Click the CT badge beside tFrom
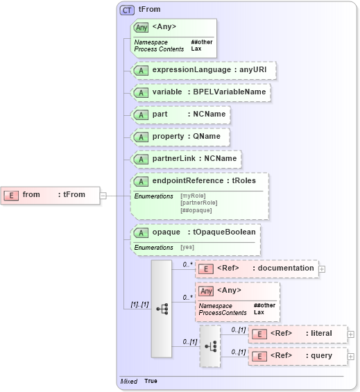tap(128, 10)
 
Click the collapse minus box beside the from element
tap(103, 195)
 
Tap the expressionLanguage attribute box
tap(204, 70)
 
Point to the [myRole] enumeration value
tap(193, 196)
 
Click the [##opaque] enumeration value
tap(196, 210)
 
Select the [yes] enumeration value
tap(187, 247)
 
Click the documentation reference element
tap(256, 269)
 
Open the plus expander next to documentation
tap(322, 269)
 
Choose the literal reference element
tap(298, 334)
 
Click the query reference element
tap(298, 356)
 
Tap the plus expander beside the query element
tap(351, 357)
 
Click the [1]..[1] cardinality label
tap(139, 304)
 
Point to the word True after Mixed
tap(151, 381)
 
